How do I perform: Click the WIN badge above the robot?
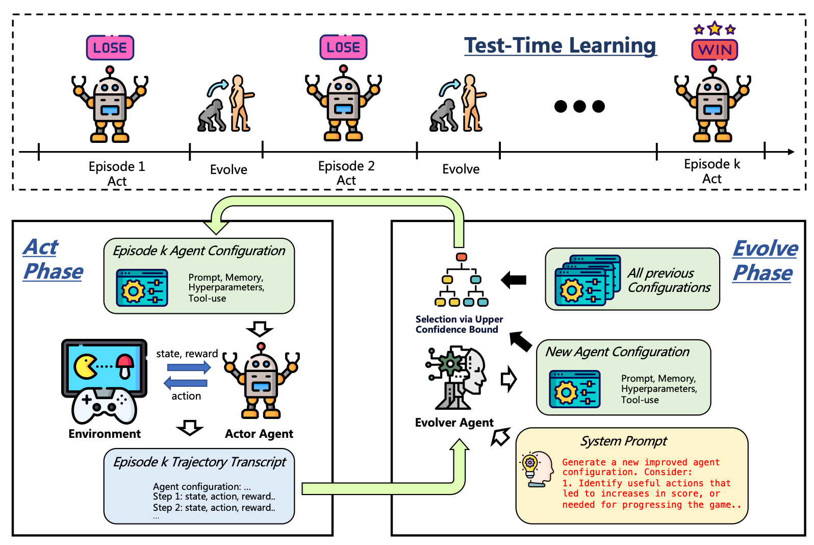pyautogui.click(x=715, y=49)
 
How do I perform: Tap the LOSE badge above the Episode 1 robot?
pyautogui.click(x=110, y=48)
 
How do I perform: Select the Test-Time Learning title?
pyautogui.click(x=560, y=45)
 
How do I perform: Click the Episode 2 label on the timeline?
pyautogui.click(x=346, y=166)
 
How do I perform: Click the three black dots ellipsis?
pyautogui.click(x=579, y=106)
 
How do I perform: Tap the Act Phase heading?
pyautogui.click(x=53, y=260)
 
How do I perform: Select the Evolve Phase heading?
pyautogui.click(x=765, y=261)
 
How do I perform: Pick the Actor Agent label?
pyautogui.click(x=259, y=434)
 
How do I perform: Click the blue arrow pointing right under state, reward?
pyautogui.click(x=189, y=367)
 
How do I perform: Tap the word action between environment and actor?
pyautogui.click(x=186, y=396)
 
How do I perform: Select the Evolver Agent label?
pyautogui.click(x=454, y=423)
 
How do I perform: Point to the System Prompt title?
pyautogui.click(x=624, y=441)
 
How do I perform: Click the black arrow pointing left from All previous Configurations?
pyautogui.click(x=514, y=280)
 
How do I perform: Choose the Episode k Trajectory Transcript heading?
pyautogui.click(x=199, y=462)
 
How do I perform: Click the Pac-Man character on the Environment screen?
pyautogui.click(x=86, y=366)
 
